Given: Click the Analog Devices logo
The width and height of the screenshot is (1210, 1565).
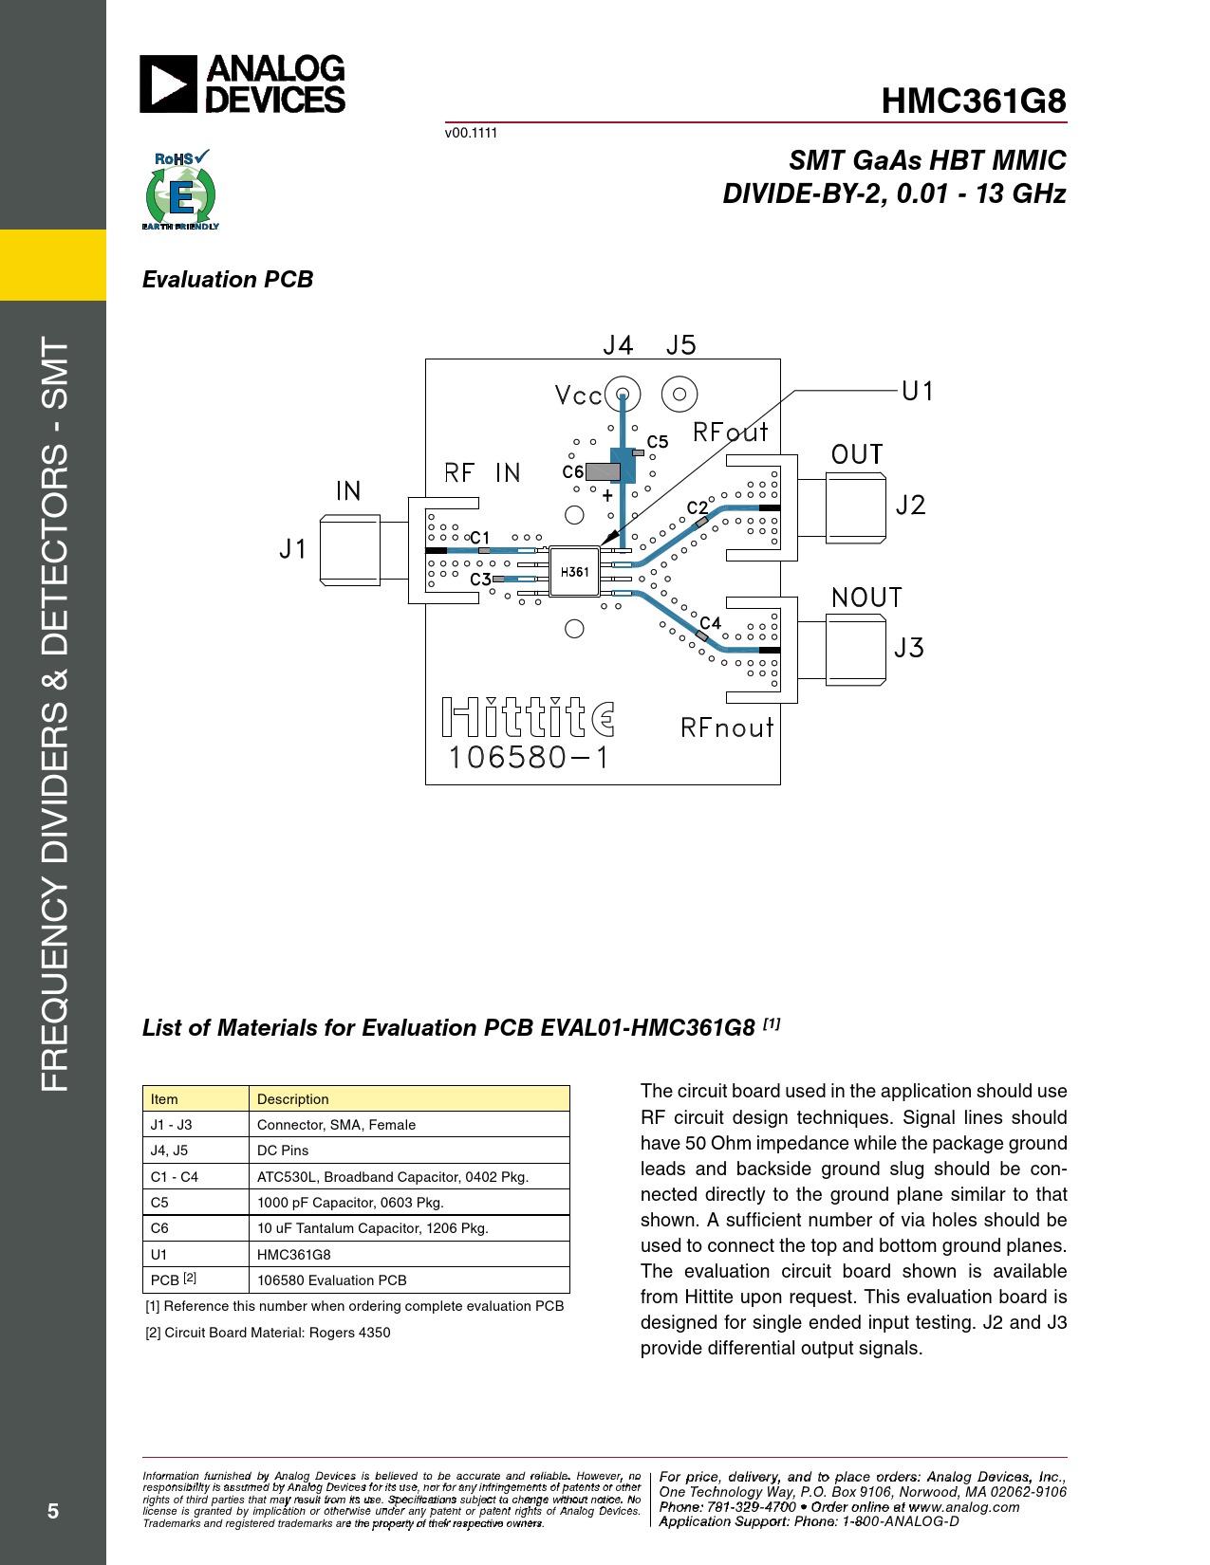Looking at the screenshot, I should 243,83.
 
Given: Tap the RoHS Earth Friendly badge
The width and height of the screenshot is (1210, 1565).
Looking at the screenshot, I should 180,191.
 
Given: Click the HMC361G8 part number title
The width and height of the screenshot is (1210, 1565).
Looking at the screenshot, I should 973,101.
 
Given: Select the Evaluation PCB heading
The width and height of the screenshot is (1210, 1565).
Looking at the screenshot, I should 228,280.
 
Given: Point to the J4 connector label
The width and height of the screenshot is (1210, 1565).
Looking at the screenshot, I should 618,345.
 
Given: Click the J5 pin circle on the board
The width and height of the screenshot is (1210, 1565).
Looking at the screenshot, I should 679,394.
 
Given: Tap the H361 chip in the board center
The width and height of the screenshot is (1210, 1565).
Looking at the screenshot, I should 574,572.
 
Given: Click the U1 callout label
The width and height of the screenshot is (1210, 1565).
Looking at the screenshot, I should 918,391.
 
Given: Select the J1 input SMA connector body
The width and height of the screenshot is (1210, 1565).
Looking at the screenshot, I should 350,549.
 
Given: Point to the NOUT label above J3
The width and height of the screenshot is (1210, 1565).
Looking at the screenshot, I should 866,598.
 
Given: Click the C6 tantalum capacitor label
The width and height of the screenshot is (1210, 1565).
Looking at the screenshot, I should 572,471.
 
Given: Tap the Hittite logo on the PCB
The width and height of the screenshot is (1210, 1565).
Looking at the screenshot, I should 529,718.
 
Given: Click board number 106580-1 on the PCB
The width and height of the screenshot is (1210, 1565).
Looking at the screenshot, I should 529,758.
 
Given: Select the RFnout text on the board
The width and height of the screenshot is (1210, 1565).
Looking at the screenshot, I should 727,727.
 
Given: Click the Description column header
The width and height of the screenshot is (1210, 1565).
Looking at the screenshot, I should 293,1099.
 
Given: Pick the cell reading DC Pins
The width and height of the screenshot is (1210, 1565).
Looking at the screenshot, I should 283,1151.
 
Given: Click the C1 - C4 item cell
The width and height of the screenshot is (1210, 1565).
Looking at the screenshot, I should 175,1177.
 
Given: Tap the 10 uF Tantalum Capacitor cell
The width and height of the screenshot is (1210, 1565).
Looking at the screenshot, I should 373,1228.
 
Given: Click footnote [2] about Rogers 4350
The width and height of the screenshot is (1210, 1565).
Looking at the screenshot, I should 268,1333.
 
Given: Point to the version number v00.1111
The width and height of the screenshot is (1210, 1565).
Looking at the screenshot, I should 471,133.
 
